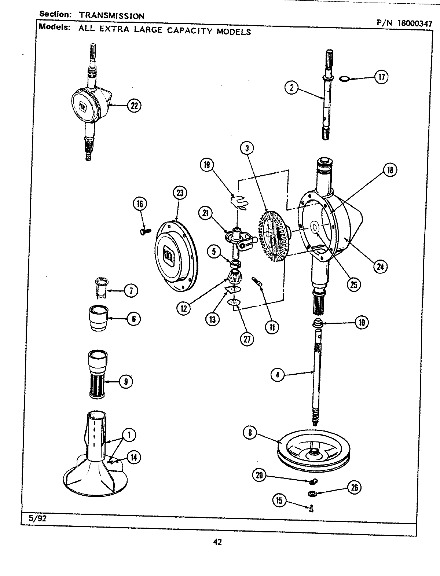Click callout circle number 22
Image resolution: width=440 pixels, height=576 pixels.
134,106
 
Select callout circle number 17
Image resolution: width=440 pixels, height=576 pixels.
381,77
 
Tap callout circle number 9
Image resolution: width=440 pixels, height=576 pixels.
125,382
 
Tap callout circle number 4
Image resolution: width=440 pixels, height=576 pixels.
278,375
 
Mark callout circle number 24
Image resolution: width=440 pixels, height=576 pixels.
380,267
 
